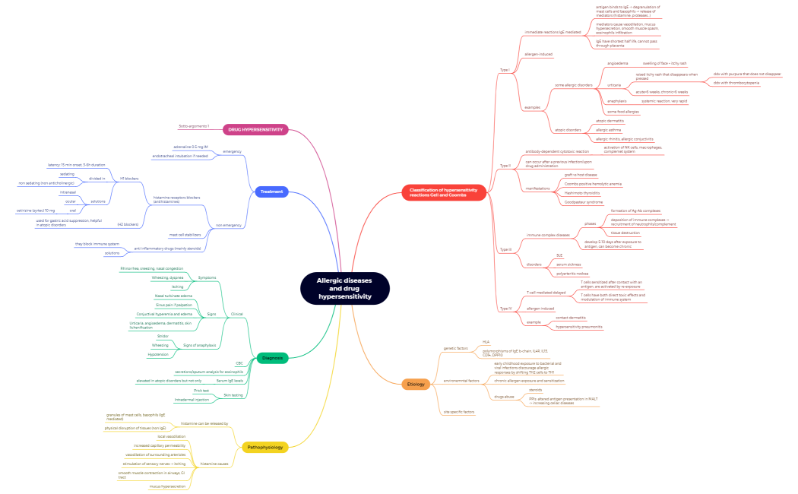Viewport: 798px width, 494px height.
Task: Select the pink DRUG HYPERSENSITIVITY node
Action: [x=256, y=130]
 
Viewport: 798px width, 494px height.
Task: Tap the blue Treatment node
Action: [x=271, y=192]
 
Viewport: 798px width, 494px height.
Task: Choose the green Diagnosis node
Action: [x=273, y=357]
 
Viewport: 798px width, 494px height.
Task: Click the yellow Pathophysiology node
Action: [x=265, y=448]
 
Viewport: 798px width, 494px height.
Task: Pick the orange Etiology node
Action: [x=416, y=385]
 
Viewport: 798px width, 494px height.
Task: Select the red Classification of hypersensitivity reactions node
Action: [x=443, y=192]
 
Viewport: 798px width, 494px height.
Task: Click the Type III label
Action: [x=505, y=249]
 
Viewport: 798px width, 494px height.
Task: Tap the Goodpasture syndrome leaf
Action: [x=583, y=202]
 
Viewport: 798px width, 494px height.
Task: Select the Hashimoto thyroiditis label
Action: [x=583, y=193]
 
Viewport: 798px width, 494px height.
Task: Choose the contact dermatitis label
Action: [x=571, y=318]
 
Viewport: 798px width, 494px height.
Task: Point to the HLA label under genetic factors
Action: [x=486, y=342]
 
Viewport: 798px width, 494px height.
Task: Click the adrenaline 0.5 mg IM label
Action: [x=190, y=147]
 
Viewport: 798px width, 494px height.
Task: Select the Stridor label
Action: [x=163, y=335]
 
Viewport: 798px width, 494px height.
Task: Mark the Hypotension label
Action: [x=159, y=354]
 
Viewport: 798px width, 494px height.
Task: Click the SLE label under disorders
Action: [x=559, y=255]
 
